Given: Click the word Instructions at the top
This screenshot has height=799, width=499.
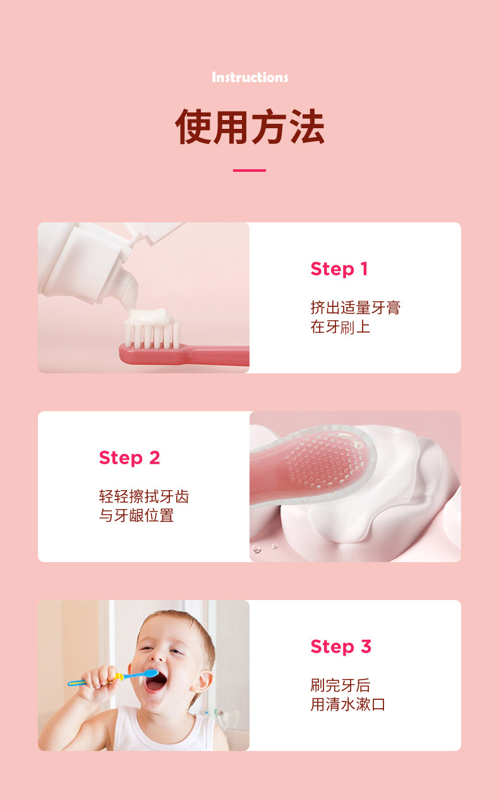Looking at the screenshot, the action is [x=249, y=77].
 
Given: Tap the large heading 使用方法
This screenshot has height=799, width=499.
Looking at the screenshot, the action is [x=249, y=126].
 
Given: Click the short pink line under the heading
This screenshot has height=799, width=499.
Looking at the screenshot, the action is [x=249, y=171].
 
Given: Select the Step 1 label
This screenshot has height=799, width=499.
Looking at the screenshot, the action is [x=339, y=269].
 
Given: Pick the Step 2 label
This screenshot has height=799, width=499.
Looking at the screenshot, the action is [x=129, y=458].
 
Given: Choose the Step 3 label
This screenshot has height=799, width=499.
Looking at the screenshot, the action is [x=341, y=647].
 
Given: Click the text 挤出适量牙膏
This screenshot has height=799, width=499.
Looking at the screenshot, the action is [x=356, y=308].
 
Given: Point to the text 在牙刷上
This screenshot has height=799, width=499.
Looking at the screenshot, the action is [x=340, y=327].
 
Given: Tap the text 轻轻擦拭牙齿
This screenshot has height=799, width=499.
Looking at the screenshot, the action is [x=144, y=496].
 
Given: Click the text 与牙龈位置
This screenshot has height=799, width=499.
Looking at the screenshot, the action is [x=136, y=515].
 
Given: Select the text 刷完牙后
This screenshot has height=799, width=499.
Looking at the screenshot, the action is [x=340, y=685].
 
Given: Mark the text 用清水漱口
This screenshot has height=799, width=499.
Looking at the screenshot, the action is [x=348, y=704].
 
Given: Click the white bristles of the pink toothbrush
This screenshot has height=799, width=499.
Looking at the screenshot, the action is [x=153, y=335].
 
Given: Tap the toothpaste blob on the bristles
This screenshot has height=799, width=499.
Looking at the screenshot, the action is [x=152, y=316].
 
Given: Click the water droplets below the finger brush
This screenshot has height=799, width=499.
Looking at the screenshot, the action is [x=264, y=548].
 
